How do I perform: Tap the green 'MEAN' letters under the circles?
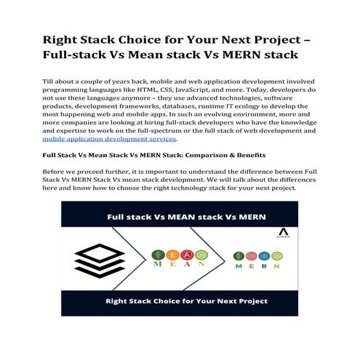point(167,264)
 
